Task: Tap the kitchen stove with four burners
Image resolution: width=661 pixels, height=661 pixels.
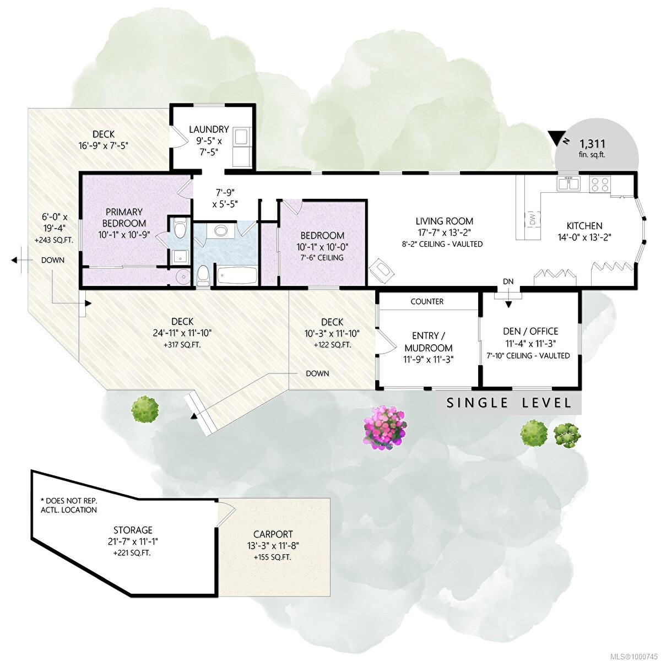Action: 600,184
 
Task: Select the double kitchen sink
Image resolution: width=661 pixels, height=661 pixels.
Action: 568,184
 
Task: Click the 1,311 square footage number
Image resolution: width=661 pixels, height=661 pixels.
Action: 592,143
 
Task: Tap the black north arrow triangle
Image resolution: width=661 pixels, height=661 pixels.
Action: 554,137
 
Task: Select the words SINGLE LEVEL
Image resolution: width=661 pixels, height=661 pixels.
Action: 509,403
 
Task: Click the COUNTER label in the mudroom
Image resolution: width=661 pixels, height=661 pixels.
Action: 427,301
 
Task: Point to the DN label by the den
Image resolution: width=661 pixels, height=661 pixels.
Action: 508,281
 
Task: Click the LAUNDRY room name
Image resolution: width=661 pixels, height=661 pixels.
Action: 209,129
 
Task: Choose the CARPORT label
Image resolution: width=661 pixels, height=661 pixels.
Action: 273,534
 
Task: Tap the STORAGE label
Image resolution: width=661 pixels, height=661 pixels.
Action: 133,530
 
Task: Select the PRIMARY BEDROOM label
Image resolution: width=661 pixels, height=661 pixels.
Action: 124,218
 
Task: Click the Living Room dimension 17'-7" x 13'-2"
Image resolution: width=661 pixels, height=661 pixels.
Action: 444,232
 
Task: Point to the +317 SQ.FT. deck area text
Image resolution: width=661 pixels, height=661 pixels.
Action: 182,345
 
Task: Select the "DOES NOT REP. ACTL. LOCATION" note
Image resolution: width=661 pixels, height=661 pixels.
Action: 69,505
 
